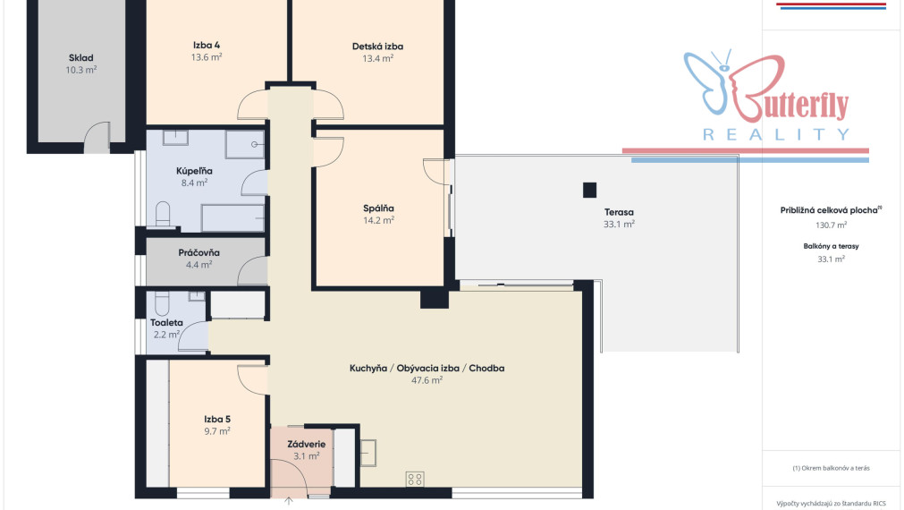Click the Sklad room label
click(x=80, y=57)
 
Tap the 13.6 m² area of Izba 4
click(x=207, y=57)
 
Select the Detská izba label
click(x=377, y=47)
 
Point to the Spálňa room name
click(x=378, y=208)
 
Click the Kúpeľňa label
click(x=194, y=171)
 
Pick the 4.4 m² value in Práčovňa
click(x=199, y=265)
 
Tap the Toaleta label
click(x=166, y=322)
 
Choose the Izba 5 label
click(x=217, y=419)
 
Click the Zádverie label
click(x=306, y=444)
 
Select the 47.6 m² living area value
click(x=427, y=380)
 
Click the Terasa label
click(x=619, y=212)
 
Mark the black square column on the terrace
click(x=589, y=190)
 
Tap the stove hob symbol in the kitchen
click(x=415, y=479)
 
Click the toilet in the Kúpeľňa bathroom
click(x=163, y=214)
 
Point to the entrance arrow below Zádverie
click(x=289, y=501)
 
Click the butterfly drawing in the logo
click(x=706, y=81)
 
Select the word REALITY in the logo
click(x=776, y=135)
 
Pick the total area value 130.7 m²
click(x=831, y=225)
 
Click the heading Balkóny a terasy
click(x=831, y=246)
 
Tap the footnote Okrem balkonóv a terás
click(x=831, y=468)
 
